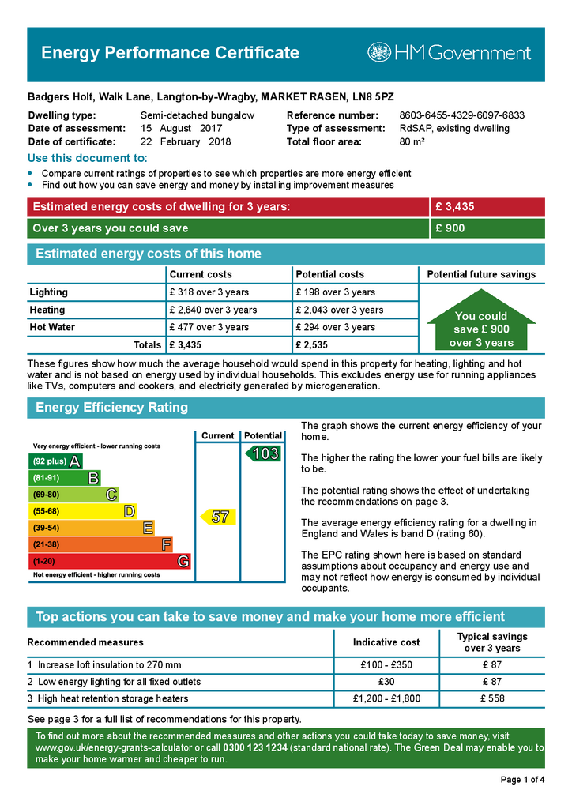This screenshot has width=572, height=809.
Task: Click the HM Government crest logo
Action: (379, 53)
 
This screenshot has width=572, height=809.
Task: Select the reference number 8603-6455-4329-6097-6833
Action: (461, 115)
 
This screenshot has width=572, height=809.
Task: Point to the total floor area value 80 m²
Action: (412, 142)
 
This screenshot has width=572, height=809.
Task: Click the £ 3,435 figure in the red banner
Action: (454, 207)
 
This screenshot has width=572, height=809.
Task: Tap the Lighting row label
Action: (49, 292)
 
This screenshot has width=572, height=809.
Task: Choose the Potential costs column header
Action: (329, 274)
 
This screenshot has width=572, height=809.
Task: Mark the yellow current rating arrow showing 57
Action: (217, 517)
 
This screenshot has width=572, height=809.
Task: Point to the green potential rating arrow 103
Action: (263, 453)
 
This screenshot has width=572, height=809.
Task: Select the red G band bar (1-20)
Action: (110, 561)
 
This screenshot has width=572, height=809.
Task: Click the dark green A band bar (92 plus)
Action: (55, 461)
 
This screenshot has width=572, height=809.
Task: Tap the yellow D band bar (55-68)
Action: (82, 511)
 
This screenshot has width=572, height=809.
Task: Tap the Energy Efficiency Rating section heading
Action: (111, 408)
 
